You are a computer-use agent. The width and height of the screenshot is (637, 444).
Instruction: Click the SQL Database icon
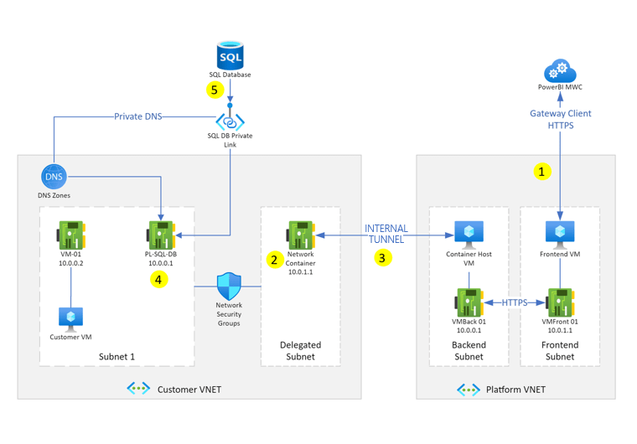[230, 55]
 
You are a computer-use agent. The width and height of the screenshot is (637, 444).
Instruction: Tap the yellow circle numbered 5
[215, 88]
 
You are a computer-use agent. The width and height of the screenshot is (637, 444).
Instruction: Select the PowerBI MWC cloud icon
[559, 70]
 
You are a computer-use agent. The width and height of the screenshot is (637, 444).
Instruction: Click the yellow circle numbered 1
[543, 172]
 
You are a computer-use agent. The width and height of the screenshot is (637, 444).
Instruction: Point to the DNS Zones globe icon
[54, 177]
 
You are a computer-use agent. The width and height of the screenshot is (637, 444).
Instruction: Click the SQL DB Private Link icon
[230, 121]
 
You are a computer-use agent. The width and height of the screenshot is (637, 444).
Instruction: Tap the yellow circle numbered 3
[382, 258]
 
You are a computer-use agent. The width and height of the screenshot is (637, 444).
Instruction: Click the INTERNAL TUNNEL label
[386, 234]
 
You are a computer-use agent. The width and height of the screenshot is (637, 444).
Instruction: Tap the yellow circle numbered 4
[159, 279]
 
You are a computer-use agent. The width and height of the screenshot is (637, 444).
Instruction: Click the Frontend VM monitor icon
[559, 232]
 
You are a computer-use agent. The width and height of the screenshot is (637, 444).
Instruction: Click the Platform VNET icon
[468, 390]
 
